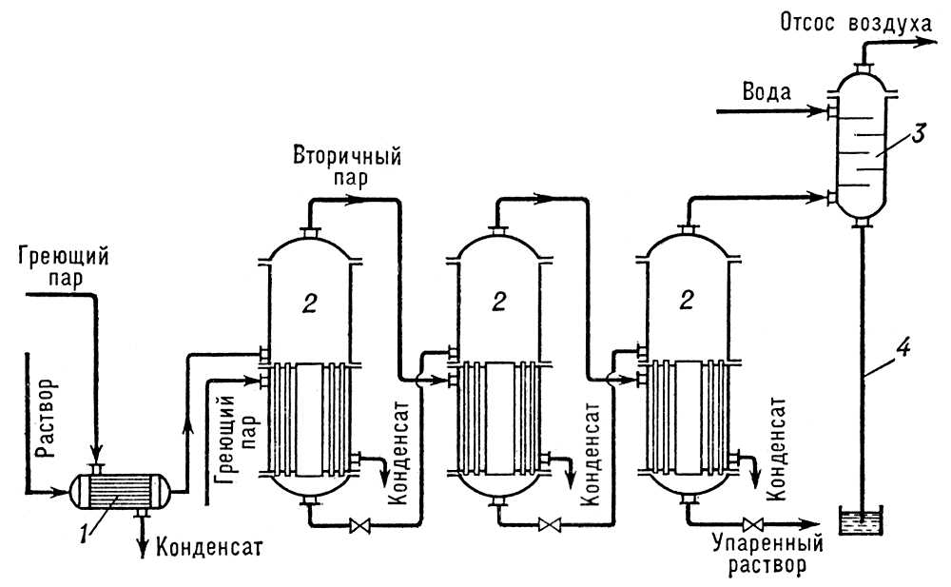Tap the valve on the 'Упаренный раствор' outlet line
(752, 524)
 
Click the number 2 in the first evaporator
(307, 303)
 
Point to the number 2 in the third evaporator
(685, 303)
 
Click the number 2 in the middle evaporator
(496, 303)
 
